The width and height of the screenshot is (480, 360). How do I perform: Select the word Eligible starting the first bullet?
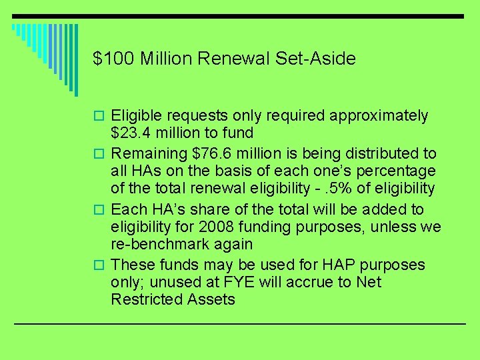[x=136, y=116]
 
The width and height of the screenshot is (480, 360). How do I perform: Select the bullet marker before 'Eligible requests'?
[x=98, y=117]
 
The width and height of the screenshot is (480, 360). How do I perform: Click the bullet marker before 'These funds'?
[x=98, y=265]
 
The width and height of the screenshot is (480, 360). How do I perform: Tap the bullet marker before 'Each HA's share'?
[x=98, y=209]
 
